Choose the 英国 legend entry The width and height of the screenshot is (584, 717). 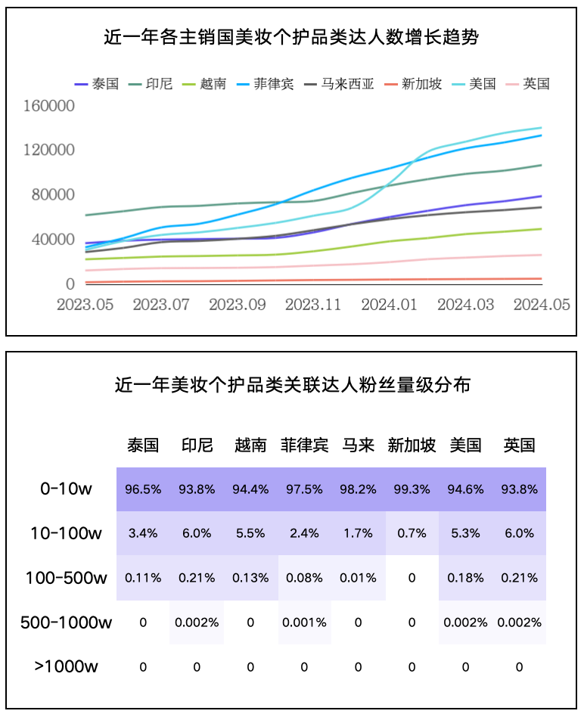coord(536,84)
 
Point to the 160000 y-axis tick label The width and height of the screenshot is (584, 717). coord(49,105)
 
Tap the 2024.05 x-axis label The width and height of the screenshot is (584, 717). coord(541,304)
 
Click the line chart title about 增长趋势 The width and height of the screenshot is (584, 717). coord(292,36)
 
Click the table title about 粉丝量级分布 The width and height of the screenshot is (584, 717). coord(292,385)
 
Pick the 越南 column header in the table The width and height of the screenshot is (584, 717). coord(250,445)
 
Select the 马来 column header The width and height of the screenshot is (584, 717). coord(358,445)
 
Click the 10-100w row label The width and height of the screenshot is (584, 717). coord(66,533)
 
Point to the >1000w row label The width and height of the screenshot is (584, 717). coord(66,666)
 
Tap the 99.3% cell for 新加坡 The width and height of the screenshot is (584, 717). coord(412,489)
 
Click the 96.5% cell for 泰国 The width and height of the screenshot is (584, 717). coord(143,489)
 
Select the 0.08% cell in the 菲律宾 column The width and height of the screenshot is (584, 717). coord(304,578)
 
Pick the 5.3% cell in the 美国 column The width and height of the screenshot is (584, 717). coord(465,533)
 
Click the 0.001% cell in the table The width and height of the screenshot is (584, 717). coord(304,622)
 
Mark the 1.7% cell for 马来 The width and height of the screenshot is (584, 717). coord(358,533)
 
